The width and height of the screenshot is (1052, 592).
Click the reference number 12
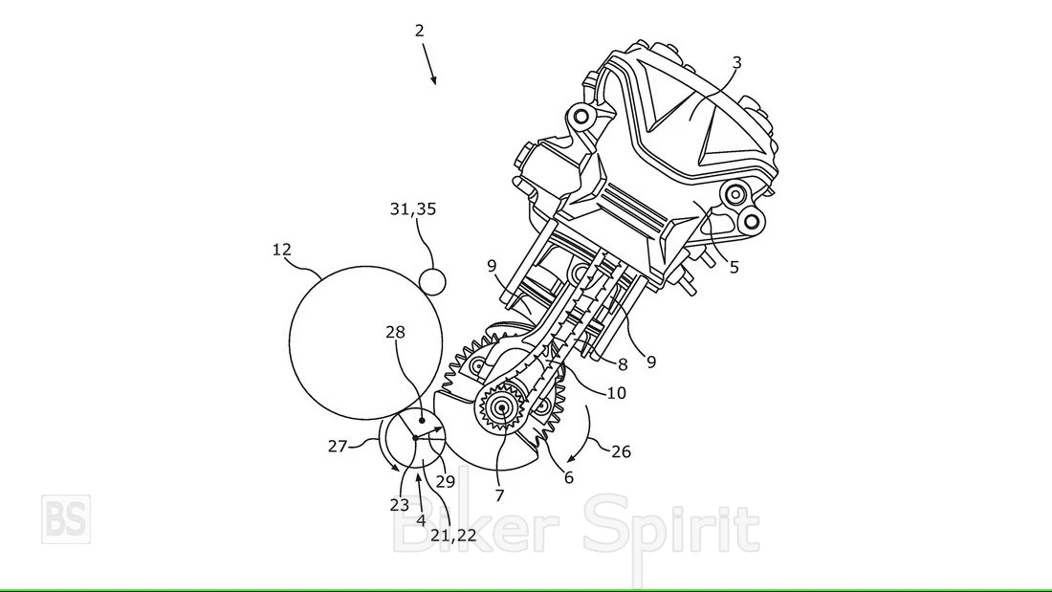click(x=282, y=250)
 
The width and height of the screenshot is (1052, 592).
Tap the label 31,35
click(x=413, y=209)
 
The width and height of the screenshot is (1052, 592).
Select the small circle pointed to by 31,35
click(x=432, y=281)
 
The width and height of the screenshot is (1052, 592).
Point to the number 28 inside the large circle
click(x=396, y=332)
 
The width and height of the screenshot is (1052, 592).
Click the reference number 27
click(x=338, y=446)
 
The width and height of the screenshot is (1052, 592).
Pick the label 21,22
click(x=453, y=535)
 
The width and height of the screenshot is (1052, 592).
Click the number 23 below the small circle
click(x=400, y=505)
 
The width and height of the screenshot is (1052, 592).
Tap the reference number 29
click(x=446, y=481)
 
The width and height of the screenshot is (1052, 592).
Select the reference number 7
click(x=499, y=496)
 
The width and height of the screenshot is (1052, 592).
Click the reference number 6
click(x=569, y=478)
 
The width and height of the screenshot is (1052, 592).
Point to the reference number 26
click(x=622, y=451)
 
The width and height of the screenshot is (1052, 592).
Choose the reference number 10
click(x=617, y=393)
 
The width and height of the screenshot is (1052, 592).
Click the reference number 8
click(x=623, y=364)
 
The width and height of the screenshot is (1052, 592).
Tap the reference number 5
click(x=734, y=267)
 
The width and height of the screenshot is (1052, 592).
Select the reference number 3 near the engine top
click(x=736, y=62)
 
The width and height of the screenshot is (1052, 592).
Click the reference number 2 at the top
click(x=419, y=31)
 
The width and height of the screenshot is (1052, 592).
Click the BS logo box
click(x=66, y=519)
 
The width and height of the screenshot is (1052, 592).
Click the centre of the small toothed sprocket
click(x=501, y=407)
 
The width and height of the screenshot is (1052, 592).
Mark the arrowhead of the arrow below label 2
click(x=435, y=83)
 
